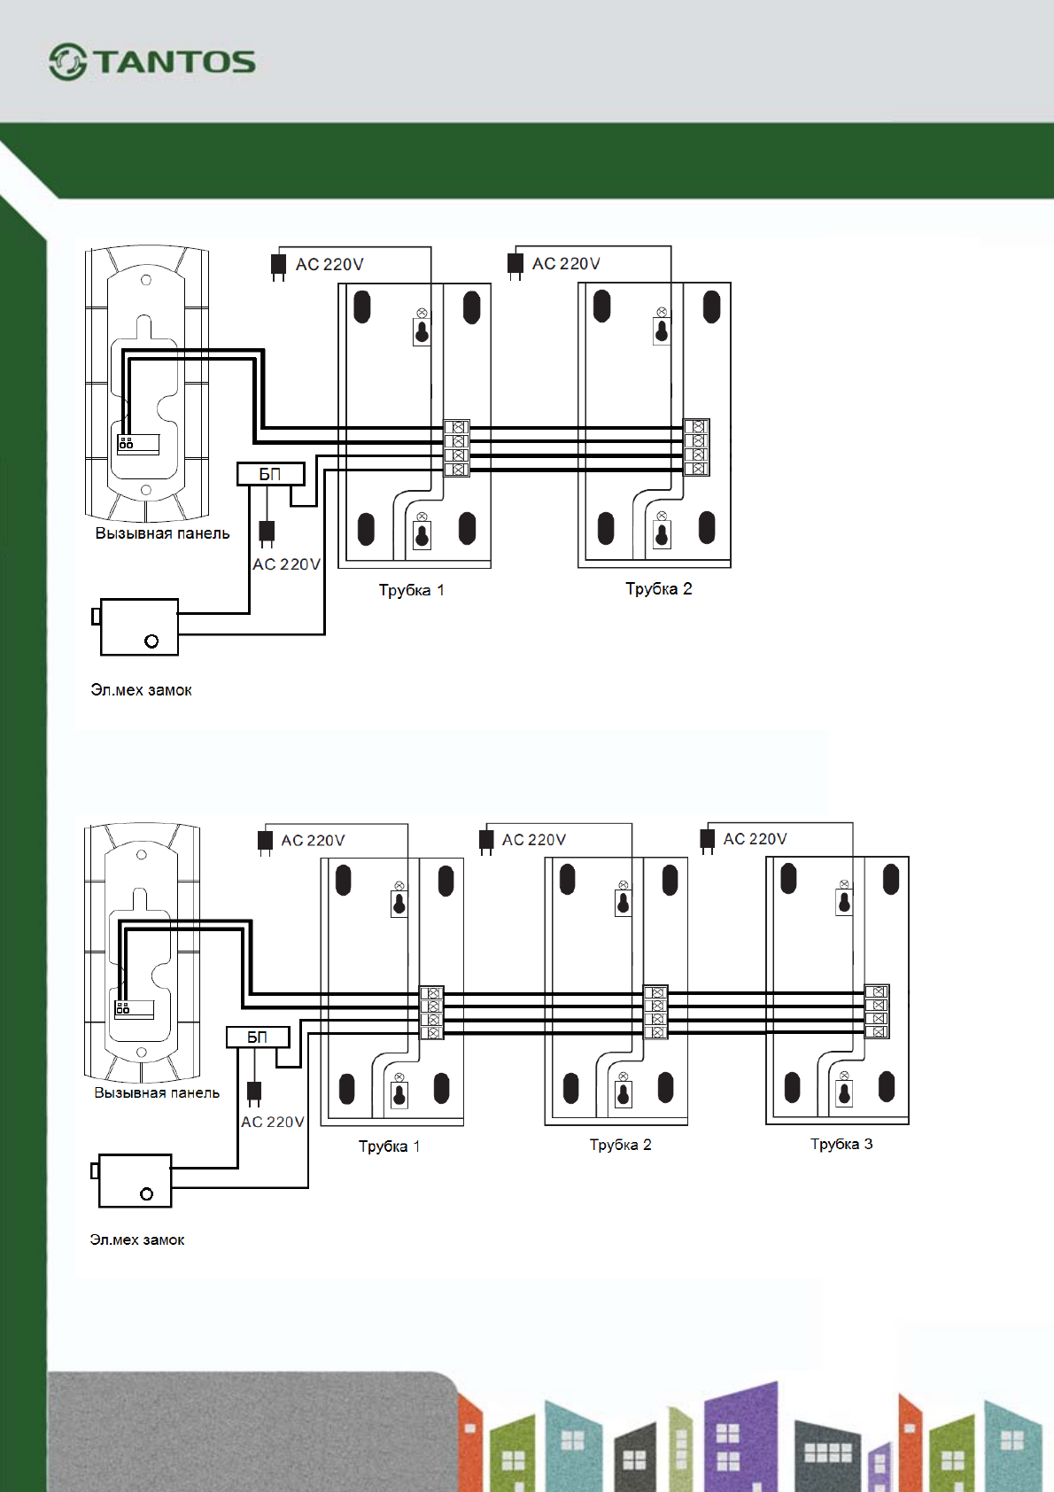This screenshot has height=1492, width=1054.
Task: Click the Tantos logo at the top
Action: click(x=151, y=62)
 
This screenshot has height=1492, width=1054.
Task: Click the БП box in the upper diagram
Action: click(x=270, y=474)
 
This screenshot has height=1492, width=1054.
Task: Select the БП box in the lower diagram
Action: click(x=258, y=1037)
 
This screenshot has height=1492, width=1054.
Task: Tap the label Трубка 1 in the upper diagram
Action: click(x=412, y=590)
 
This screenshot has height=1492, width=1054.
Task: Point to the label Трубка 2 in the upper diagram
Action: click(x=658, y=589)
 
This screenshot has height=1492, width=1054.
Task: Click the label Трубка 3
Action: click(x=841, y=1144)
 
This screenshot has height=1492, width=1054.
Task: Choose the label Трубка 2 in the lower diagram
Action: click(x=620, y=1145)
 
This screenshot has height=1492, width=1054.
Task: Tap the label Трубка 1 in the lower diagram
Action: click(x=389, y=1146)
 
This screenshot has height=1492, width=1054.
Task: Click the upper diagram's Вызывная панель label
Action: click(x=162, y=532)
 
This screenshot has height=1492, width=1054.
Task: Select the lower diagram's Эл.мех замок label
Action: click(x=137, y=1239)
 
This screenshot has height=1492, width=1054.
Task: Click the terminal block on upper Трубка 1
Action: click(x=457, y=447)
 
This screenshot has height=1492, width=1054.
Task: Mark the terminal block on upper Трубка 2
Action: click(x=696, y=447)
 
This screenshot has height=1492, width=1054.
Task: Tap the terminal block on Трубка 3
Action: click(x=877, y=1012)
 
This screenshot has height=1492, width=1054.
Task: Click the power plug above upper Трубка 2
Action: click(x=515, y=265)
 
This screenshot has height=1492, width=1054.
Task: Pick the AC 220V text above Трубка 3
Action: click(x=755, y=838)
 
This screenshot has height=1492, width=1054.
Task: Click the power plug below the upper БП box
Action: click(x=267, y=533)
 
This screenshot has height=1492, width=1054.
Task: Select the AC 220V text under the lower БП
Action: click(x=272, y=1122)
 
